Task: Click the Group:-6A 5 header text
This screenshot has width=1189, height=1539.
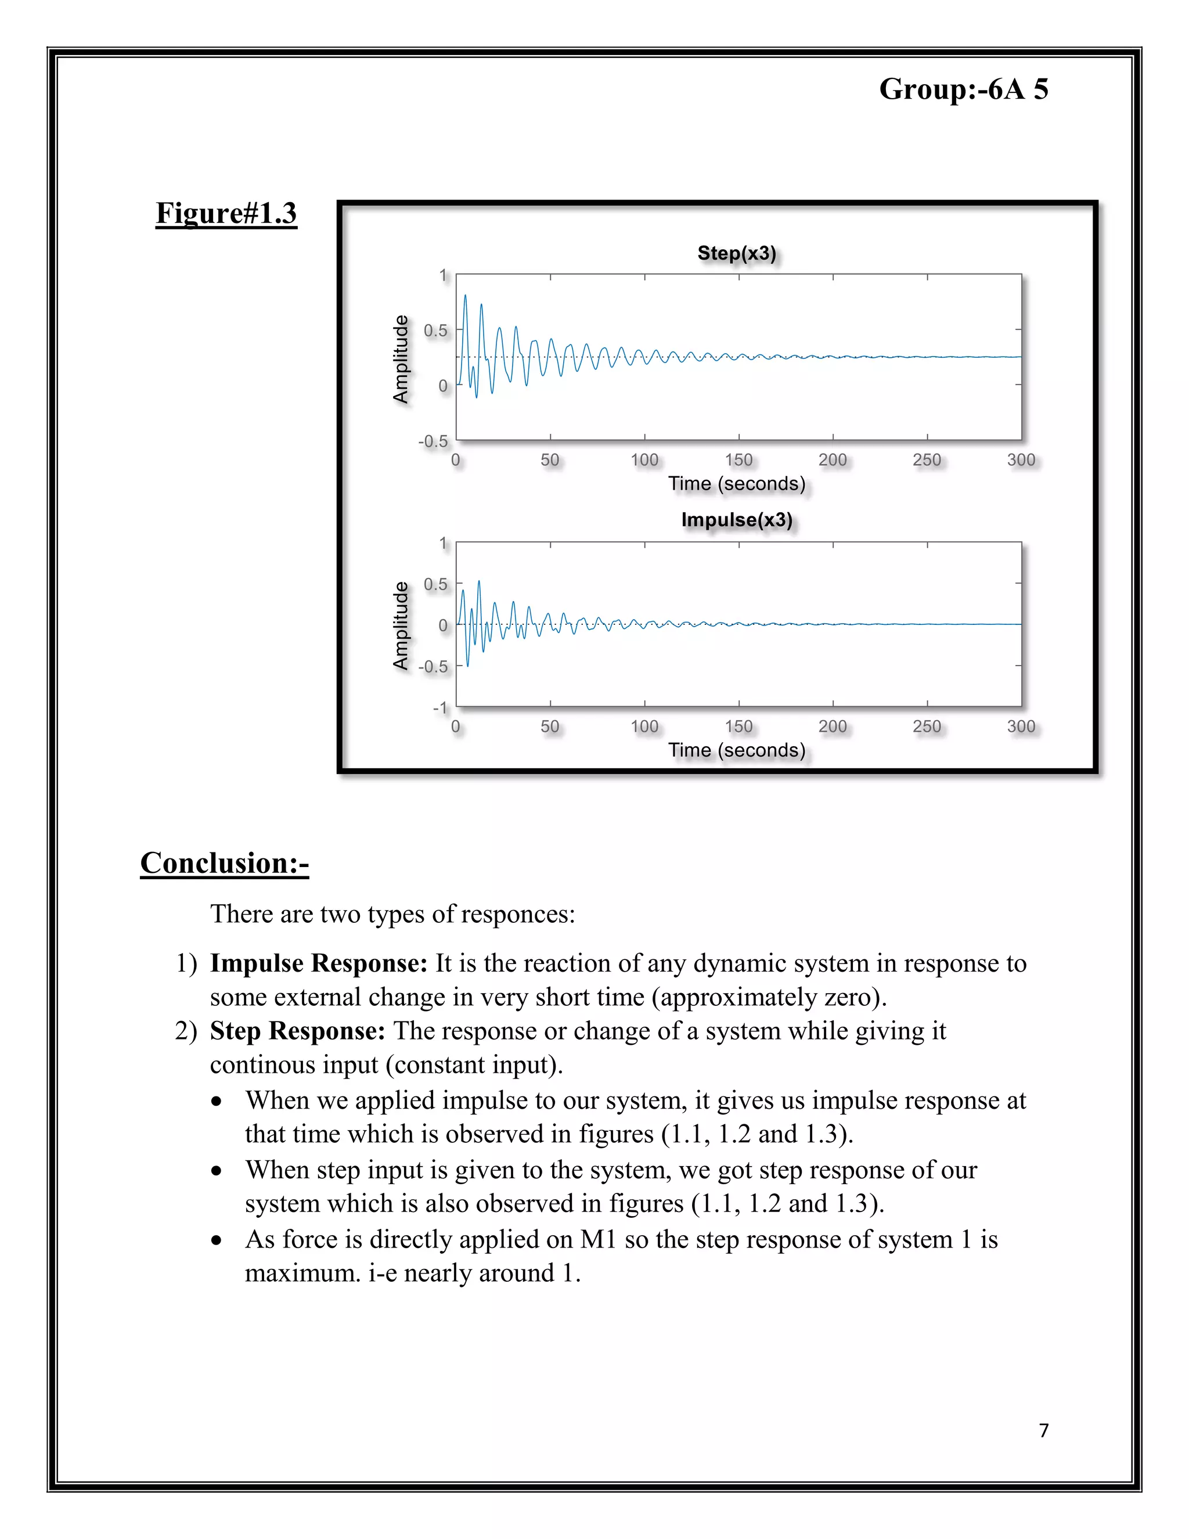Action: pos(963,89)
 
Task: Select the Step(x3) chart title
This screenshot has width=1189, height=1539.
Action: pos(736,253)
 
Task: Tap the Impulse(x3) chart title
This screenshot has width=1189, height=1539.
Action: pos(736,520)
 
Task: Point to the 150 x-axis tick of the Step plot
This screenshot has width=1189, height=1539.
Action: pos(738,460)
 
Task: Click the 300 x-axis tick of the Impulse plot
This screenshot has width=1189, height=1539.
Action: pos(1021,727)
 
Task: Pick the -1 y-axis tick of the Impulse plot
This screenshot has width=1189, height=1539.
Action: pos(440,707)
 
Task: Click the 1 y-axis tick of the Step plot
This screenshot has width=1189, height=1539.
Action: pos(443,275)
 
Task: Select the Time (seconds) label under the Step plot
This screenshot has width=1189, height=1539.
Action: pos(736,483)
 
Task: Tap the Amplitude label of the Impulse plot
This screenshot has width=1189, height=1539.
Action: pos(401,625)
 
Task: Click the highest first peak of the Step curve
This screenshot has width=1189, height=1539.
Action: pos(465,296)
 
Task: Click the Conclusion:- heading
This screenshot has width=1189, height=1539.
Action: pos(225,863)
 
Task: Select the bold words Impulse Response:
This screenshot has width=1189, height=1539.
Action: pos(318,963)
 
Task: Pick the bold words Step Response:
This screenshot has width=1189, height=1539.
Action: pos(297,1031)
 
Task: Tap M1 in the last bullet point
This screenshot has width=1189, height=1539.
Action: pos(598,1239)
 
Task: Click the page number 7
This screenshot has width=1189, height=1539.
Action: pos(1043,1430)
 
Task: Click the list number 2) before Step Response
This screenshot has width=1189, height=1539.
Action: pos(186,1031)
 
